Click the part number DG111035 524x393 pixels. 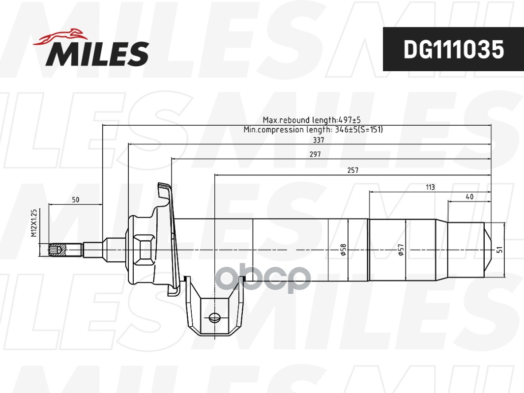tap(454, 50)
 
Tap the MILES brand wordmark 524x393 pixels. tap(97, 54)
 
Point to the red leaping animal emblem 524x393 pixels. tap(60, 36)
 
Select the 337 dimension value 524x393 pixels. tap(319, 140)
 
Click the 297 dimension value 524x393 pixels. tap(315, 154)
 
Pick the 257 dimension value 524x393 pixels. tap(353, 170)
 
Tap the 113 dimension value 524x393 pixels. tap(431, 187)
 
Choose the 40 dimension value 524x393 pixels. tap(469, 196)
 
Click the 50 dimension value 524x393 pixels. tap(76, 199)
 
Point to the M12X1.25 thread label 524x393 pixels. tap(34, 223)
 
